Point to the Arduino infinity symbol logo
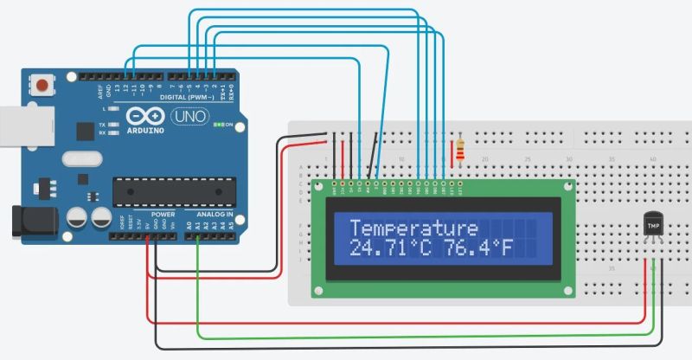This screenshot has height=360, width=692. click(145, 115)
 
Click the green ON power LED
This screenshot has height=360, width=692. click(220, 125)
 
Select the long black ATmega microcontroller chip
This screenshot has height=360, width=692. click(174, 191)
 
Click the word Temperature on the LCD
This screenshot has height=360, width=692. click(413, 228)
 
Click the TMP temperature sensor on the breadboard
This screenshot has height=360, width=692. click(654, 226)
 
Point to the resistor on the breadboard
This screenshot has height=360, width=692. click(459, 151)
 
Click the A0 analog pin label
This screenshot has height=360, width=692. click(189, 224)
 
